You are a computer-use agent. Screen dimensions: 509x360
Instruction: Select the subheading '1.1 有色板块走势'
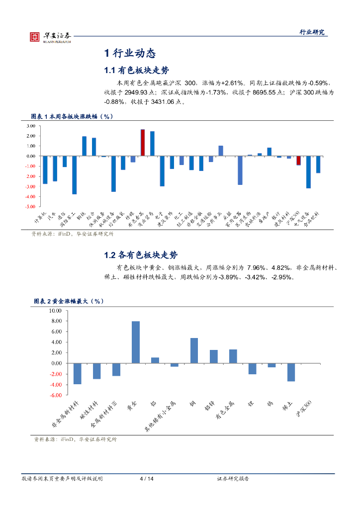137,70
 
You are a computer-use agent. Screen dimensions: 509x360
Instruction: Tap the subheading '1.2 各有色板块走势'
141,255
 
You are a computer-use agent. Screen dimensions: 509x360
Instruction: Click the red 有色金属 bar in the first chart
143,143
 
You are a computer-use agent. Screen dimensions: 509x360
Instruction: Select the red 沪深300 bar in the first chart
298,160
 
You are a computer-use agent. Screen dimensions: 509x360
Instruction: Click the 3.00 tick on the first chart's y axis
31,126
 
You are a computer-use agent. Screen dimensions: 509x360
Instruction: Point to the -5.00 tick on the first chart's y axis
30,206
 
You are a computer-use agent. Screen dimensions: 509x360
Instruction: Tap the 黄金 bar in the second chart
135,342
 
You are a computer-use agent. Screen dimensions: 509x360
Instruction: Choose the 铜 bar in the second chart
194,350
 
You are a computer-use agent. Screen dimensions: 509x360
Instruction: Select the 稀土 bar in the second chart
291,372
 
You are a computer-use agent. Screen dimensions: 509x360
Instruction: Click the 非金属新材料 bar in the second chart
77,374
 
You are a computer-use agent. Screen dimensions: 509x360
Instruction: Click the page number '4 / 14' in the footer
147,479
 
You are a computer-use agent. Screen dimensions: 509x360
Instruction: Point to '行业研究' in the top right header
311,32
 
